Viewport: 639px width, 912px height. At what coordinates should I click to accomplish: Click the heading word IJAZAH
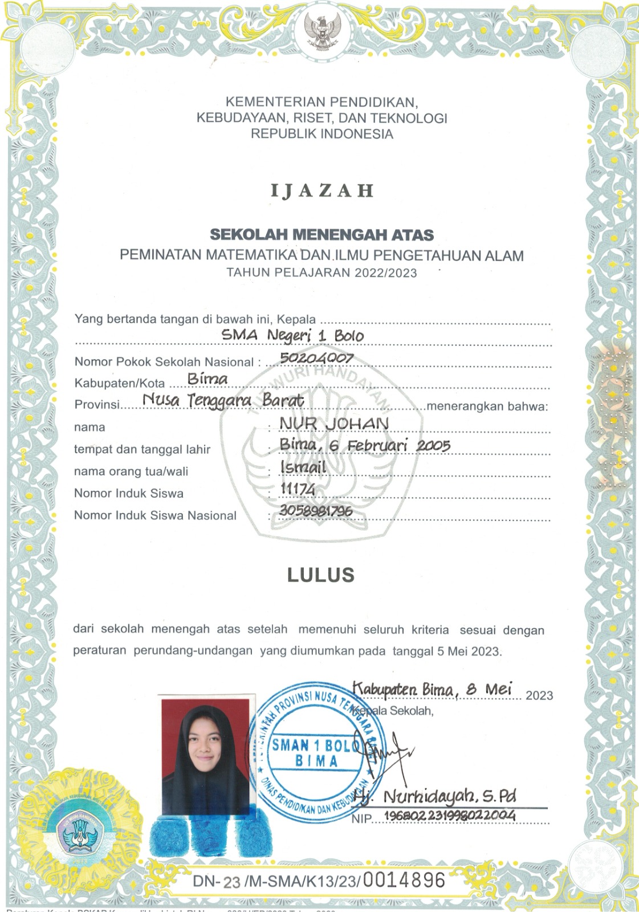[x=322, y=190]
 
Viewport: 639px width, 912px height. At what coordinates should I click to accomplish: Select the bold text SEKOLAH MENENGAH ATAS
[x=322, y=235]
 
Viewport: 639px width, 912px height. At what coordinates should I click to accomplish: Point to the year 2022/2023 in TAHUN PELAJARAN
[x=385, y=273]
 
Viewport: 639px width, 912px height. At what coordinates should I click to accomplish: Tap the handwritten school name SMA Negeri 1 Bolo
[x=292, y=335]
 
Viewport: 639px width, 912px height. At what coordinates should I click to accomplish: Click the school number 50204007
[x=317, y=359]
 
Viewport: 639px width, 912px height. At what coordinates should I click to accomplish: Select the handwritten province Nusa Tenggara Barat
[x=223, y=400]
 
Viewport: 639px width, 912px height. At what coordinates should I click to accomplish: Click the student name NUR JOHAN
[x=334, y=424]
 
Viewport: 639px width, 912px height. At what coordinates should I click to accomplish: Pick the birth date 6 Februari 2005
[x=390, y=446]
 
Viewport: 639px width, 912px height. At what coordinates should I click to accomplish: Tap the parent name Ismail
[x=303, y=467]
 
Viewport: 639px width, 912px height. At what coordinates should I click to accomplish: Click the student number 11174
[x=298, y=489]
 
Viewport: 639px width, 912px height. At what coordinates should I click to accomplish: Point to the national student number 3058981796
[x=316, y=511]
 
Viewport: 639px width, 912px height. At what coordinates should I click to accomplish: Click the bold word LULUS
[x=321, y=575]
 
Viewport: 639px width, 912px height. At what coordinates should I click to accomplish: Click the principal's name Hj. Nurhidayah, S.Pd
[x=434, y=796]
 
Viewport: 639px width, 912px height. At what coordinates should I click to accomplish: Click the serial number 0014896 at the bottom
[x=404, y=880]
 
